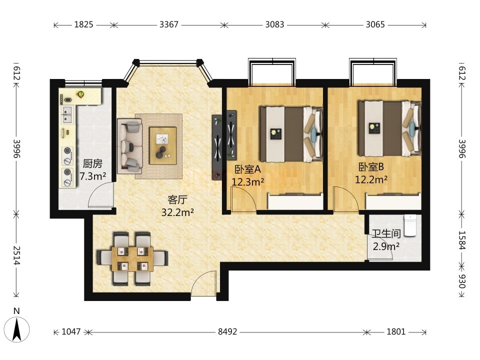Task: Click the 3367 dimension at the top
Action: pyautogui.click(x=168, y=24)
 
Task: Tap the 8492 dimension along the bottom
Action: pyautogui.click(x=227, y=331)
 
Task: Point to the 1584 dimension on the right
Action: pyautogui.click(x=461, y=240)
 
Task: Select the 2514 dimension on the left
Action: pyautogui.click(x=16, y=255)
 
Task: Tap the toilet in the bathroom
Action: pyautogui.click(x=410, y=225)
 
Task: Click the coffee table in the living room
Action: pyautogui.click(x=163, y=145)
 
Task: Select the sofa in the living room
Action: pyautogui.click(x=130, y=146)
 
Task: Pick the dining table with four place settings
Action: pyautogui.click(x=132, y=259)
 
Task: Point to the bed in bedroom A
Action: pyautogui.click(x=291, y=134)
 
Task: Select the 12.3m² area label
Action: pyautogui.click(x=248, y=182)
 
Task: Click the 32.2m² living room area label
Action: pyautogui.click(x=177, y=212)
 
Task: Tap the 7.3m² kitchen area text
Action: pyautogui.click(x=93, y=176)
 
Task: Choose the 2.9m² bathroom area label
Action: pyautogui.click(x=386, y=246)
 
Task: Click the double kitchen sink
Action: pyautogui.click(x=67, y=115)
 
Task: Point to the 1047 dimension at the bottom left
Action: pyautogui.click(x=71, y=331)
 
